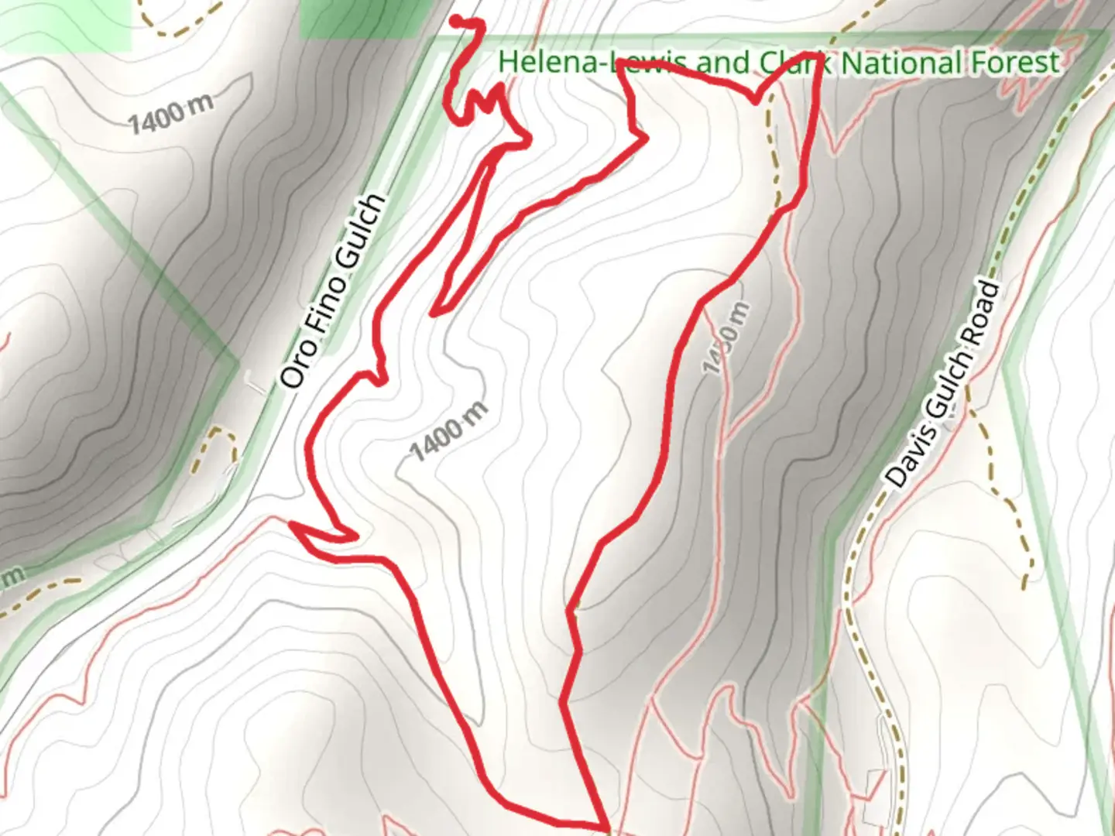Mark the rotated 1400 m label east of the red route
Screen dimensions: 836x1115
pos(726,338)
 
